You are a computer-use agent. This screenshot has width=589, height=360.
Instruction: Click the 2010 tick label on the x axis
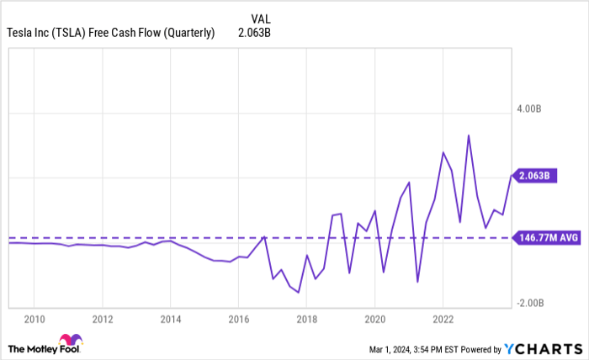pyautogui.click(x=34, y=319)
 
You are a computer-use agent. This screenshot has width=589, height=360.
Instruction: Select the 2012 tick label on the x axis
pyautogui.click(x=102, y=319)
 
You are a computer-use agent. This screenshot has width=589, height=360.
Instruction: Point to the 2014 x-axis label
pyautogui.click(x=170, y=319)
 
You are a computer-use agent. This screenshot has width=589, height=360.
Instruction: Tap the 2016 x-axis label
pyautogui.click(x=238, y=319)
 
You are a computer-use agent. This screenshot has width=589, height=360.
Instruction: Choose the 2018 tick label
pyautogui.click(x=306, y=319)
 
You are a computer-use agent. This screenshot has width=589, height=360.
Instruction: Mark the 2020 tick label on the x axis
pyautogui.click(x=374, y=319)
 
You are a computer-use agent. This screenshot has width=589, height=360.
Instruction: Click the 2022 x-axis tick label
pyautogui.click(x=443, y=319)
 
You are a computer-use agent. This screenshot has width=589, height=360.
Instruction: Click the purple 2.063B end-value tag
pyautogui.click(x=533, y=176)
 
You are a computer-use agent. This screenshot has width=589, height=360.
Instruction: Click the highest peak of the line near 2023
pyautogui.click(x=469, y=135)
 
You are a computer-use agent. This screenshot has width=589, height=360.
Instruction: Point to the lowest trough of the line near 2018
pyautogui.click(x=299, y=292)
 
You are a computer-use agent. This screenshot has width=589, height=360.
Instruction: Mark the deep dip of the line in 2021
pyautogui.click(x=417, y=282)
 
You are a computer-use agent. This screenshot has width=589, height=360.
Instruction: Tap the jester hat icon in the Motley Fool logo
pyautogui.click(x=72, y=341)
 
